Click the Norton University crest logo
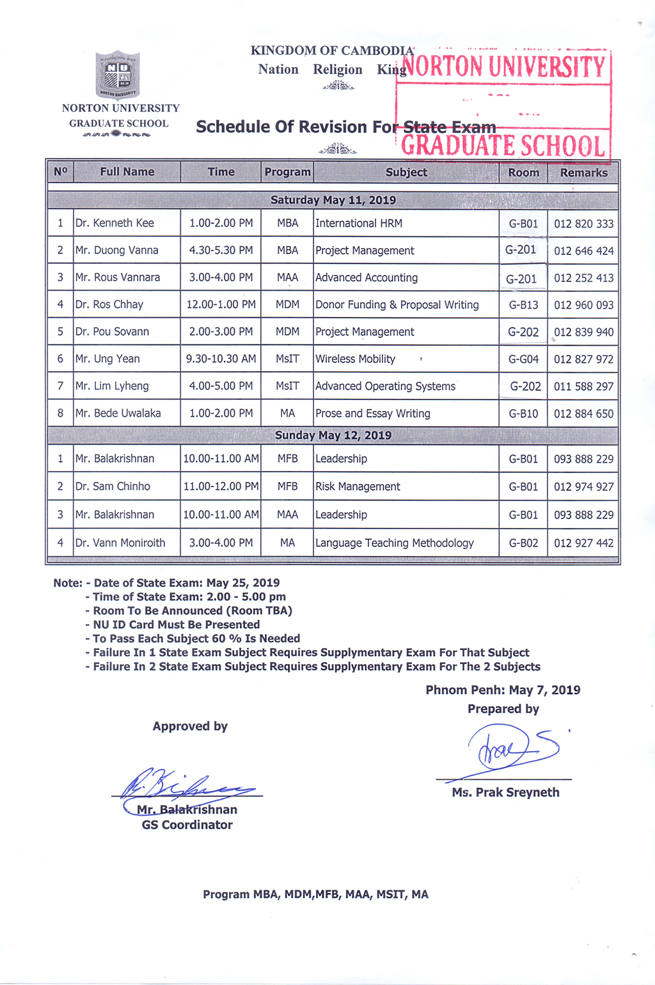(118, 75)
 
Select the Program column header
(287, 172)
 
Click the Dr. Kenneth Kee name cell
(115, 223)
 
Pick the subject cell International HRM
(359, 223)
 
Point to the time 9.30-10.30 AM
(221, 359)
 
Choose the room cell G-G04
(523, 359)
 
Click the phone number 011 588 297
(583, 387)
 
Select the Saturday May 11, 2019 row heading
(333, 200)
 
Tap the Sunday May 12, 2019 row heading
(333, 435)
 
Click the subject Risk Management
(358, 487)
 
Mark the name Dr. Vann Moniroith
(120, 543)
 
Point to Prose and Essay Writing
(373, 414)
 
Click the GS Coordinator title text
(187, 825)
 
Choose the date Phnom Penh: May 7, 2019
(503, 690)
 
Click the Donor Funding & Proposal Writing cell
(397, 305)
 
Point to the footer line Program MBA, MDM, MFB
(315, 895)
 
